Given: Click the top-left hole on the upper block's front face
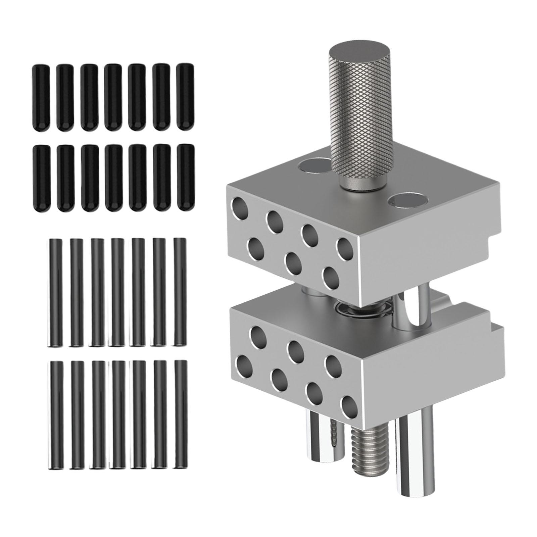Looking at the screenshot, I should [240, 208].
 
